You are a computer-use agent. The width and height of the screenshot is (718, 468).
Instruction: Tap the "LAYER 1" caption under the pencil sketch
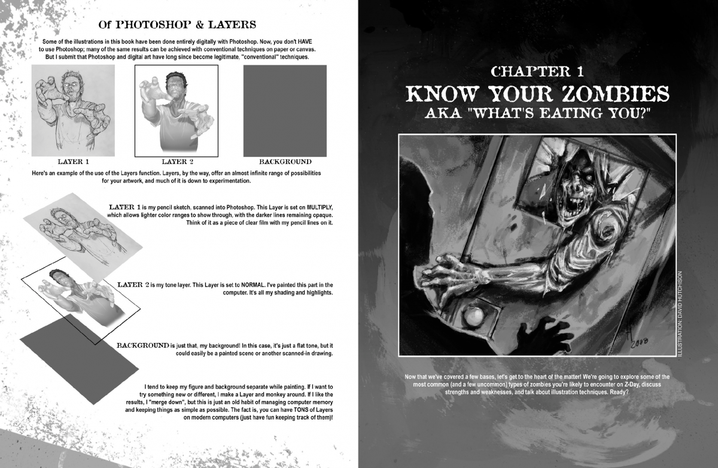tap(74, 162)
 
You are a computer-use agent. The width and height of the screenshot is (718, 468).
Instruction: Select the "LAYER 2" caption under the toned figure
tap(178, 162)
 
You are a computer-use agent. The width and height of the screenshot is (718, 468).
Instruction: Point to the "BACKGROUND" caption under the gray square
tap(285, 162)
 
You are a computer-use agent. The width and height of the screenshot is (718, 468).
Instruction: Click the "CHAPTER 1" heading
tap(537, 72)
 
